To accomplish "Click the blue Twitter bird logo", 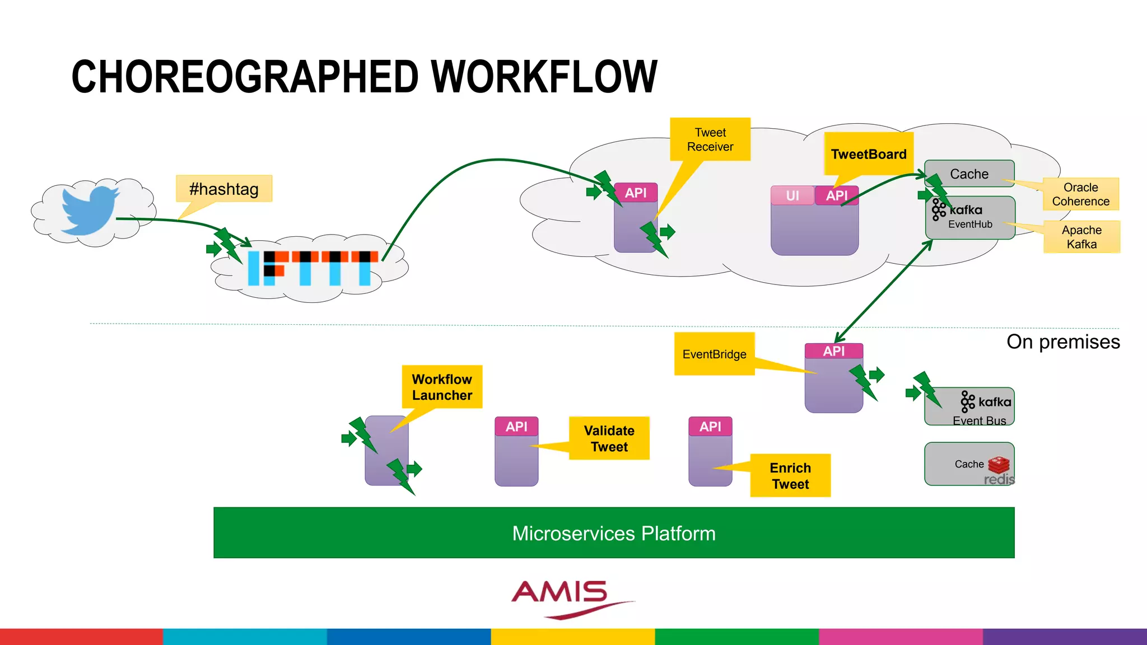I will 90,211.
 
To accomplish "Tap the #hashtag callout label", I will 224,189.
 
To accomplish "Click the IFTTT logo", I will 313,268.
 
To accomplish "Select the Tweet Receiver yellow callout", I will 710,139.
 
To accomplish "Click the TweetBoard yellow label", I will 869,154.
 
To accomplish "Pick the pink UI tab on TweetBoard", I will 792,195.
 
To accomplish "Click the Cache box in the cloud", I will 969,174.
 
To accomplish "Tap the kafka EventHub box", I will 970,217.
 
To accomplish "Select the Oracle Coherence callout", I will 1080,194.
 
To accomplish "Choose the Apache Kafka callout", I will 1081,237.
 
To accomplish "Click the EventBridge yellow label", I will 714,354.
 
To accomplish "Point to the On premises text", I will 1063,342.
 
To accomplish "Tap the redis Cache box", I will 969,464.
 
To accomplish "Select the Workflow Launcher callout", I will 442,387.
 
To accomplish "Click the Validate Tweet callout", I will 609,438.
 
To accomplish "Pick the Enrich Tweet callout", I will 790,475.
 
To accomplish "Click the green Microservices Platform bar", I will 614,533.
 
